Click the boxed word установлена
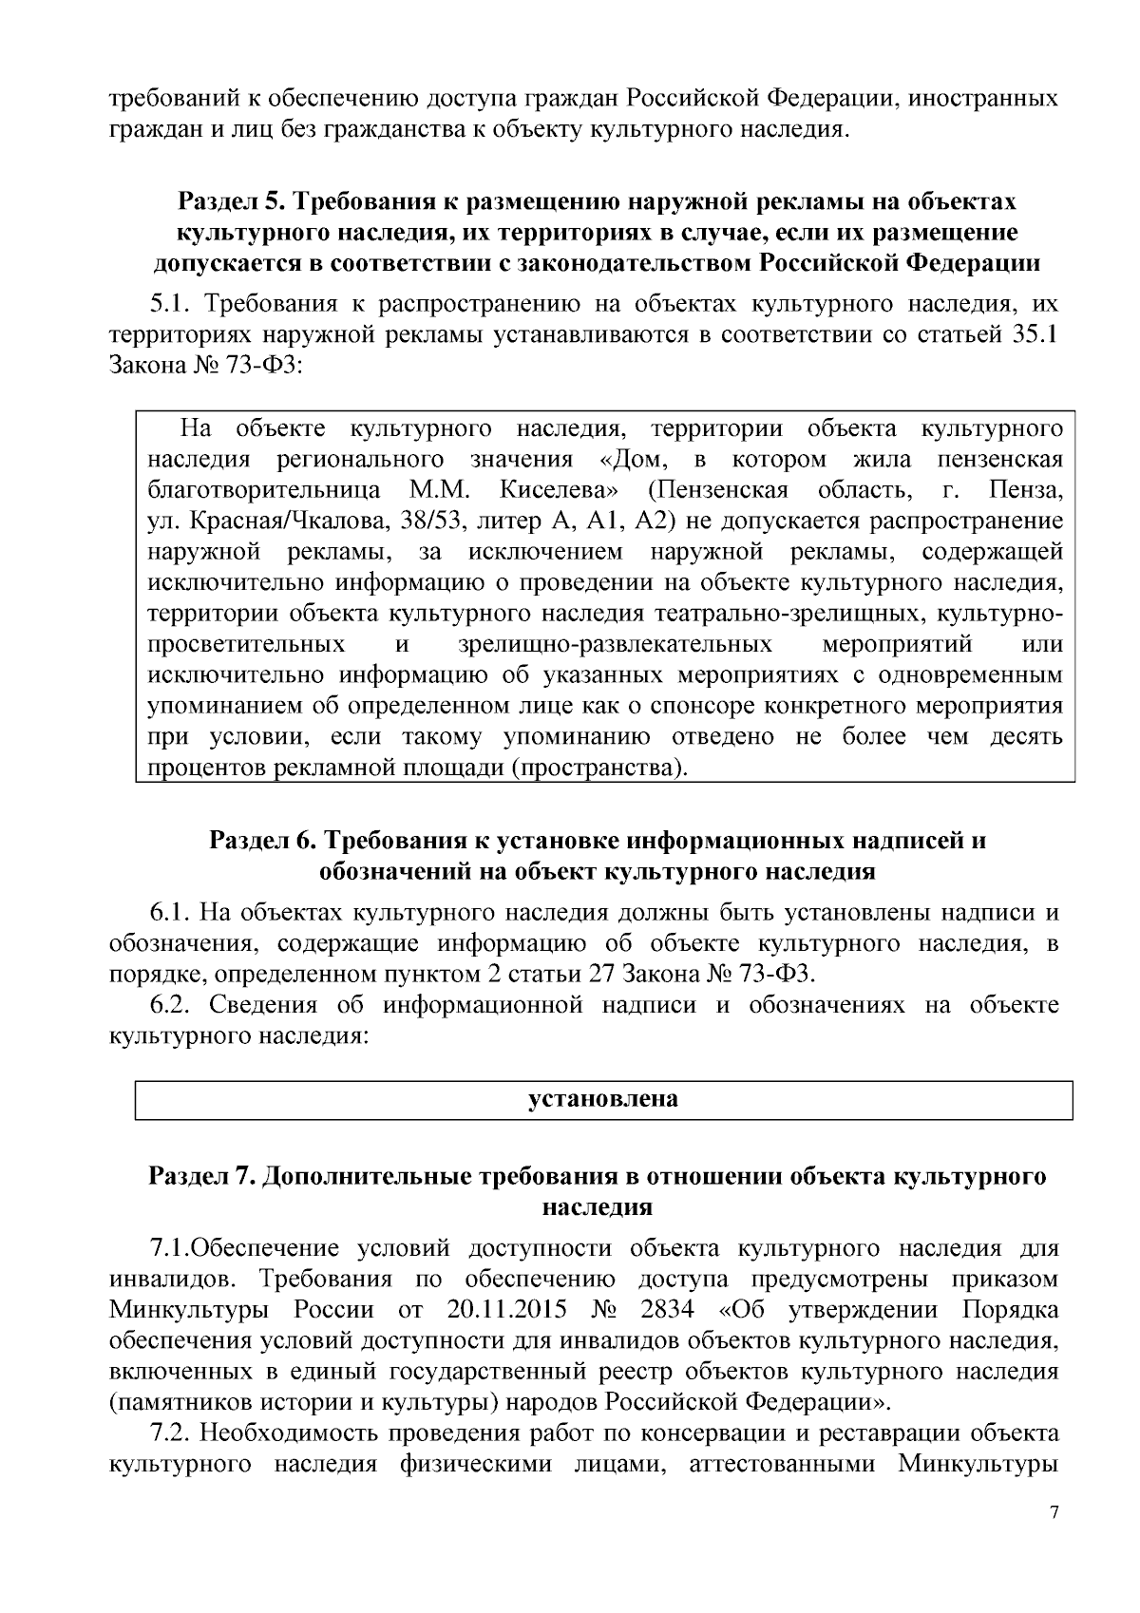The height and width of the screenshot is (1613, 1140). [x=603, y=1100]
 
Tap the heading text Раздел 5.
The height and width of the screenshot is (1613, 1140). [x=231, y=201]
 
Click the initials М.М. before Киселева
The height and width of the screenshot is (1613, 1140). [x=434, y=491]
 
